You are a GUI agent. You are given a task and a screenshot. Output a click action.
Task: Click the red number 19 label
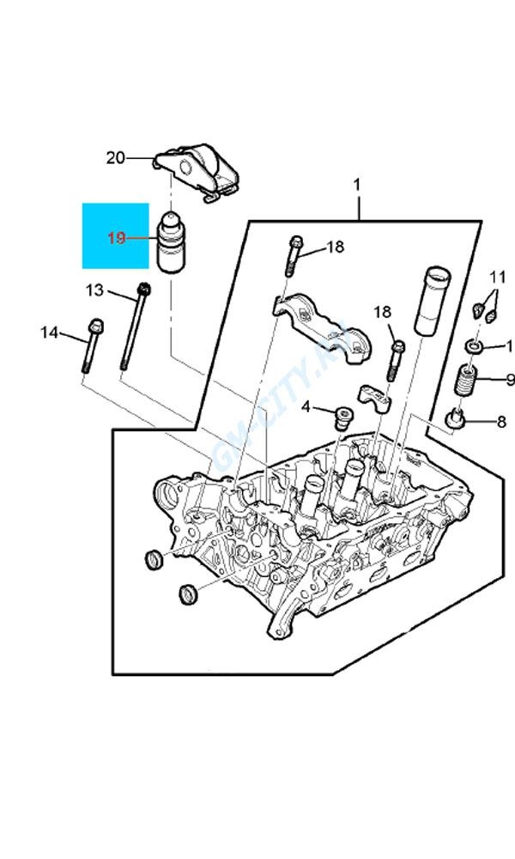pos(117,238)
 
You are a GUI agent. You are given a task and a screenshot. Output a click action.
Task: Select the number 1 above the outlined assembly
pos(356,185)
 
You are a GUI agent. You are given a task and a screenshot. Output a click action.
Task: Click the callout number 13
pos(94,289)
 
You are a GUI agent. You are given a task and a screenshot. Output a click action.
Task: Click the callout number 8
pos(502,422)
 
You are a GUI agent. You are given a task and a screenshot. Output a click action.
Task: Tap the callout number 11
pos(498,277)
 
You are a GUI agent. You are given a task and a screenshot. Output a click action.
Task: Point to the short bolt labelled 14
pos(91,347)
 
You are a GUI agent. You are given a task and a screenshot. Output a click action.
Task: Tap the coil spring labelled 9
pos(466,380)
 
